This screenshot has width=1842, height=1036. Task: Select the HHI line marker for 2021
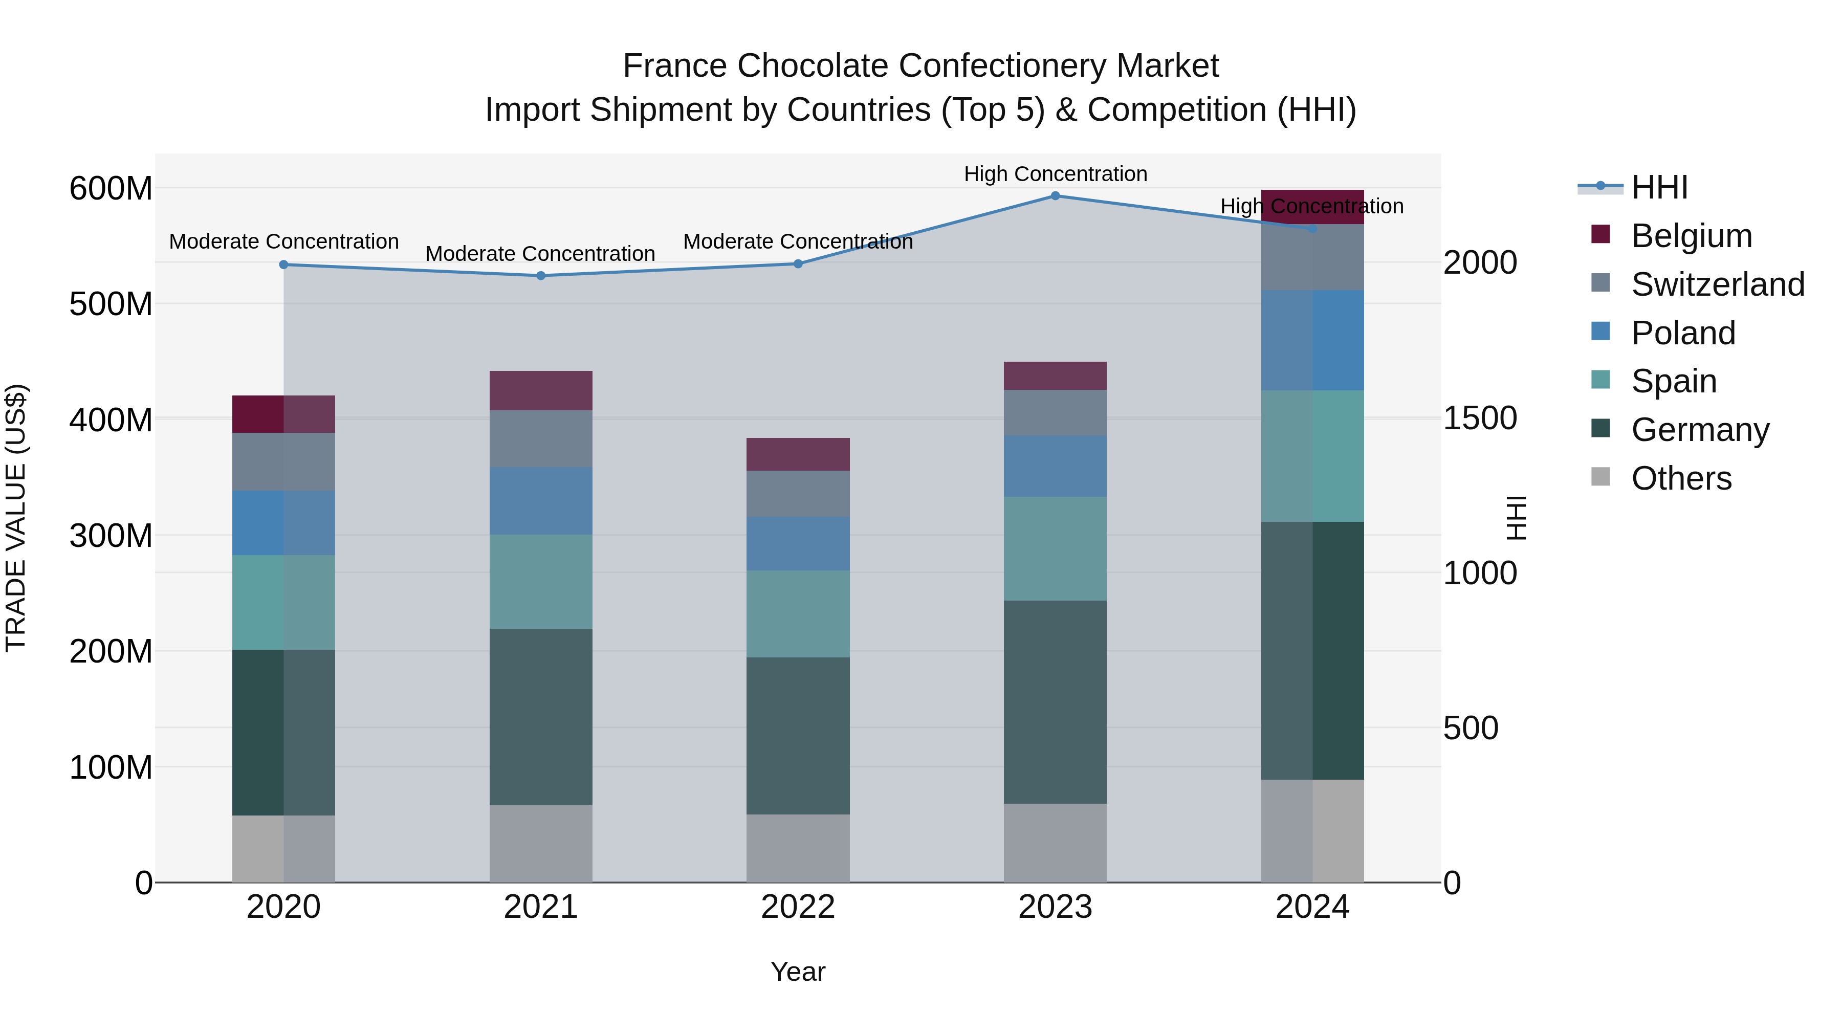tap(541, 275)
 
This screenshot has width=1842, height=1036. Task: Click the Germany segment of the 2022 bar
tap(798, 735)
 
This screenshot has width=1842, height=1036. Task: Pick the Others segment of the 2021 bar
tap(541, 843)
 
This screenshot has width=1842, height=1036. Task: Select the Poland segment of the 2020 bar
tap(284, 523)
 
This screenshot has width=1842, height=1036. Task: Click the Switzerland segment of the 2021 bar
tap(541, 438)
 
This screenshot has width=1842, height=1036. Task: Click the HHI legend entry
tap(1659, 187)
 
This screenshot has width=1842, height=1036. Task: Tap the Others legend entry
tap(1680, 478)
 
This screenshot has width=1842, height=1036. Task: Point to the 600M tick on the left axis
tap(111, 189)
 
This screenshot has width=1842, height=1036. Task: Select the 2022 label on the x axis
tap(798, 907)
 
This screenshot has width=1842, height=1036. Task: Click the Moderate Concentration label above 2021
tap(541, 254)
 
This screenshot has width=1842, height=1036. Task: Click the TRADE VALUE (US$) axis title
tap(16, 518)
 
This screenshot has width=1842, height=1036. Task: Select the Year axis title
tap(798, 972)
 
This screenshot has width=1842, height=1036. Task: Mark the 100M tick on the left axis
tap(111, 767)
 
